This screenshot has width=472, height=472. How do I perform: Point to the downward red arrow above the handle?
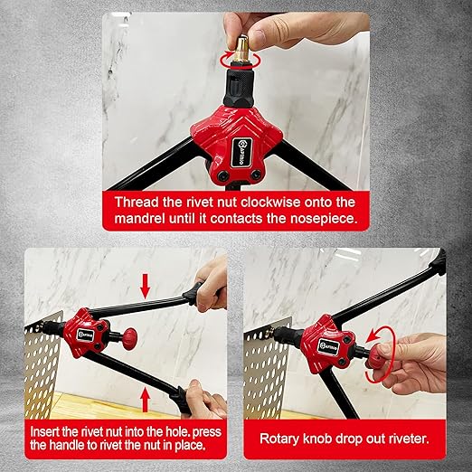click(x=146, y=286)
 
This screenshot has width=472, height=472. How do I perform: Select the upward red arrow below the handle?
click(x=146, y=400)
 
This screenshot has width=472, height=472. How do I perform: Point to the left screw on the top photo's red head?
click(x=224, y=176)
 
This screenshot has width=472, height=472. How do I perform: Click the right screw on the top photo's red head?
click(x=256, y=174)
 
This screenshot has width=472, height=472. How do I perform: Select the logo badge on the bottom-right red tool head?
click(x=328, y=344)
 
